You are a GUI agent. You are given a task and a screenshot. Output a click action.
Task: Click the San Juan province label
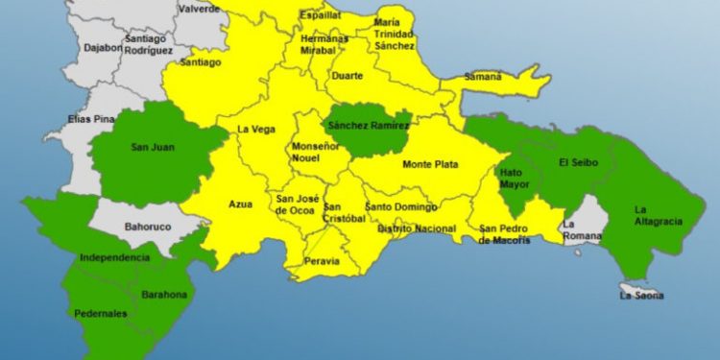point(151,148)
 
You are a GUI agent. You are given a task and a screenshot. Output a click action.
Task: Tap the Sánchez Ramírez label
point(369,126)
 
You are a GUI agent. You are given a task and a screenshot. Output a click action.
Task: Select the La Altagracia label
point(658,215)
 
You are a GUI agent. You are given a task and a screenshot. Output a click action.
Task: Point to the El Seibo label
point(578,162)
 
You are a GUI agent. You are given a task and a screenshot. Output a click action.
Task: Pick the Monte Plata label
point(429,164)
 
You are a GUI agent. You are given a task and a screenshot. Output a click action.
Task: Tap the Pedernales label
point(101,314)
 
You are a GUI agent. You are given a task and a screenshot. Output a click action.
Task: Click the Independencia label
point(115,257)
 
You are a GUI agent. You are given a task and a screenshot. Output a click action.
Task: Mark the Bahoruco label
point(148,228)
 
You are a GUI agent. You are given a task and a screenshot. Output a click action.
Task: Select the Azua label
point(240,204)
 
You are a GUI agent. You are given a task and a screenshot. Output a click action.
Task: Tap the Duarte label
point(347,76)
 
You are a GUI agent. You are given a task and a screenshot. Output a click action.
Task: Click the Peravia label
point(323,260)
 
